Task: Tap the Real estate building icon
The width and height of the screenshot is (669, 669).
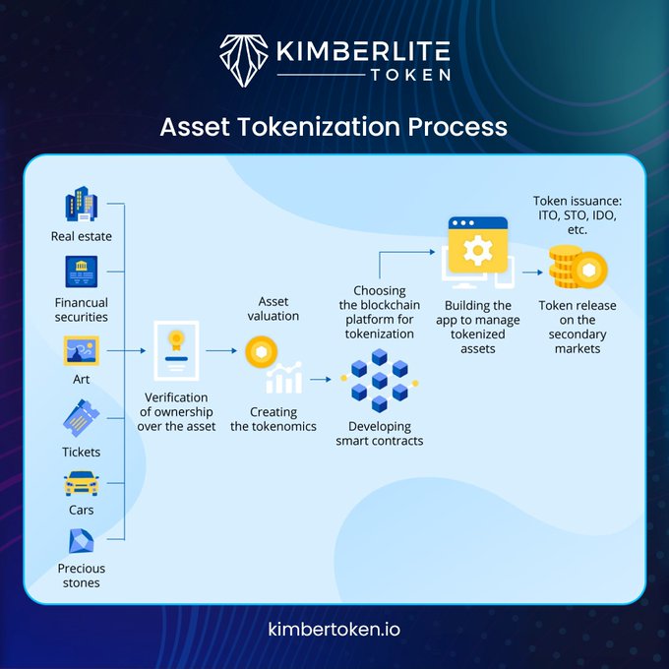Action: (x=82, y=206)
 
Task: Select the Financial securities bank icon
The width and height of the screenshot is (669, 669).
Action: (x=82, y=272)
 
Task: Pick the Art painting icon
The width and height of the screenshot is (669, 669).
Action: (x=82, y=350)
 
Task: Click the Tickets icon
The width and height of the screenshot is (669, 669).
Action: (x=82, y=418)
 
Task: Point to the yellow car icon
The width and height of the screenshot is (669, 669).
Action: (x=82, y=483)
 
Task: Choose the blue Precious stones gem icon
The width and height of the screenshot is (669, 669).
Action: (x=82, y=541)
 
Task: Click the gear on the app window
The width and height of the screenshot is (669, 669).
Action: (x=477, y=251)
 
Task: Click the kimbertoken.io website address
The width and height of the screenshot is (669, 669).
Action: (x=334, y=628)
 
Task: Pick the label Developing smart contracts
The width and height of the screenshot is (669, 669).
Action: (x=380, y=434)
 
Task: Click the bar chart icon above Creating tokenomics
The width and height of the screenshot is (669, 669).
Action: (x=283, y=379)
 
